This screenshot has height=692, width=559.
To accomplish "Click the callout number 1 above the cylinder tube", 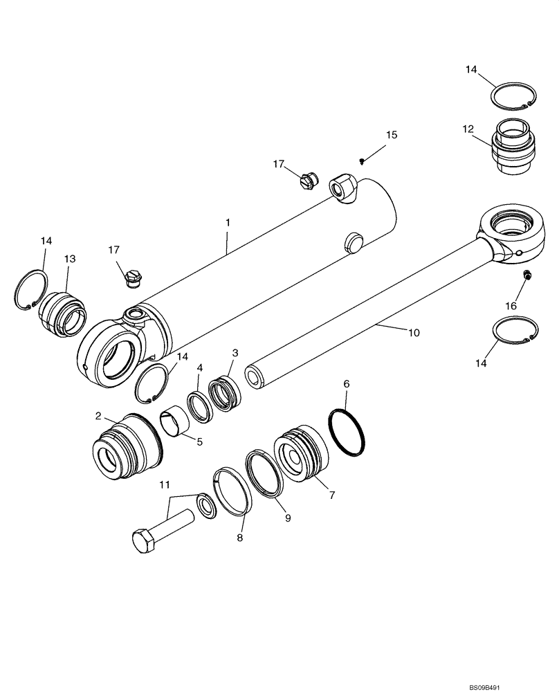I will (x=228, y=224).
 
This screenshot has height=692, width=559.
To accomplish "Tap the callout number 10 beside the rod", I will (x=413, y=333).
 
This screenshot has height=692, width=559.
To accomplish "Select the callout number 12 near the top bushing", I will (x=468, y=129).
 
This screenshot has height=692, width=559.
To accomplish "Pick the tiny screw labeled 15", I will (x=362, y=161).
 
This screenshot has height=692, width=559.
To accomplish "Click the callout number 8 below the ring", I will (x=240, y=536).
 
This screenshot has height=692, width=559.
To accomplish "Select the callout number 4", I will (x=199, y=367).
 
